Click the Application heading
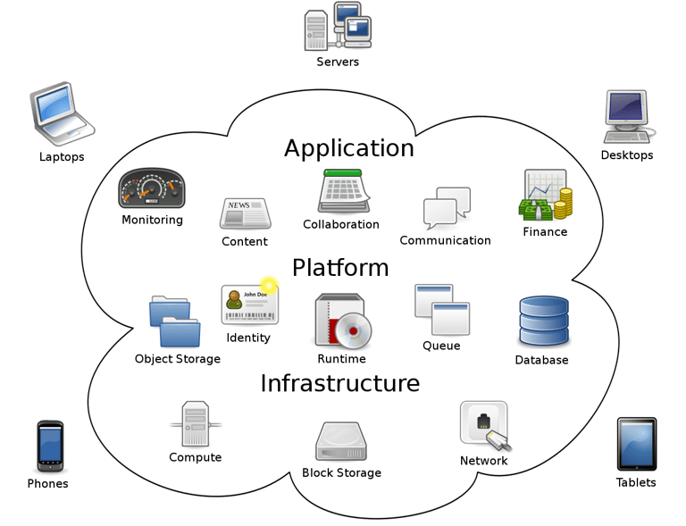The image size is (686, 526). (x=348, y=148)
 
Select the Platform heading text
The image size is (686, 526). (x=340, y=268)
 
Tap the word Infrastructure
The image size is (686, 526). (x=339, y=384)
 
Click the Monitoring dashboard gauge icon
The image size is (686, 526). (x=151, y=188)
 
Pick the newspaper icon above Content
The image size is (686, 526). (x=245, y=214)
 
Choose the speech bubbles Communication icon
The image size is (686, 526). (x=447, y=209)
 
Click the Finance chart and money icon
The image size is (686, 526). (x=545, y=196)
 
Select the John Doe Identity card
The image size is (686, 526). (x=249, y=305)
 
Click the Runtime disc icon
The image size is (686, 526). (x=342, y=321)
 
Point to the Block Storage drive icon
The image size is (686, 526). (x=340, y=441)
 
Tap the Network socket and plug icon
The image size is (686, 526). (x=485, y=425)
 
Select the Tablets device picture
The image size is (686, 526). (x=636, y=444)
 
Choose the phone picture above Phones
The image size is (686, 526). (x=49, y=446)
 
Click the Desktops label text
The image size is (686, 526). (x=626, y=155)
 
